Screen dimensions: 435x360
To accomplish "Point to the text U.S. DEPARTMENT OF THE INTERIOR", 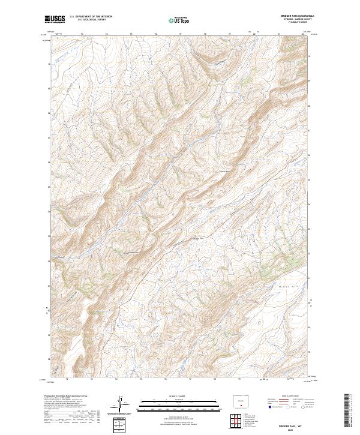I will click(91, 17).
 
